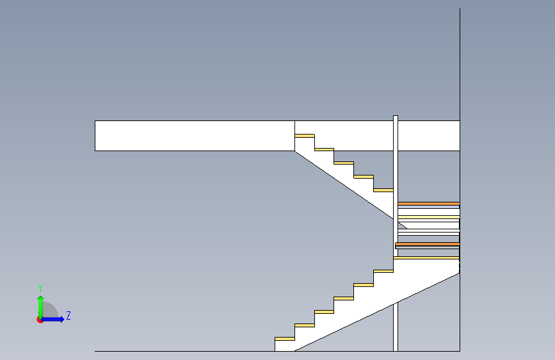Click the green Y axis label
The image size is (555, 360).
(40, 288)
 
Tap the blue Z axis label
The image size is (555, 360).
(68, 315)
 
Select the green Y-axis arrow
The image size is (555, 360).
(41, 307)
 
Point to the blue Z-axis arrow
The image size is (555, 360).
(52, 319)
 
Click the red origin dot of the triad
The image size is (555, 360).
(40, 320)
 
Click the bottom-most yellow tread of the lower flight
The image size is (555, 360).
(285, 339)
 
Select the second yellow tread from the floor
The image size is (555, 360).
(305, 325)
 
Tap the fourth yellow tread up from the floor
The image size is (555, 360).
(344, 299)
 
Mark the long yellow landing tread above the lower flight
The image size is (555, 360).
(426, 258)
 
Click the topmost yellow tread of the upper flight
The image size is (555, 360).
(305, 136)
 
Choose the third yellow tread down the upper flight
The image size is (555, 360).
(344, 163)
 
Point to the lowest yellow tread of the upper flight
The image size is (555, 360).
(383, 190)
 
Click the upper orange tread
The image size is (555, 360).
(429, 204)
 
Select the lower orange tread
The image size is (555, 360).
(428, 244)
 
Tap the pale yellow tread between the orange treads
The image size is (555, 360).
(429, 217)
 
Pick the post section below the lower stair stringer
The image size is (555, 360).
(396, 327)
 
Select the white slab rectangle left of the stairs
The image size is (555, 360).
(195, 136)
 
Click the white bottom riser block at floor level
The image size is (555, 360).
(284, 346)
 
